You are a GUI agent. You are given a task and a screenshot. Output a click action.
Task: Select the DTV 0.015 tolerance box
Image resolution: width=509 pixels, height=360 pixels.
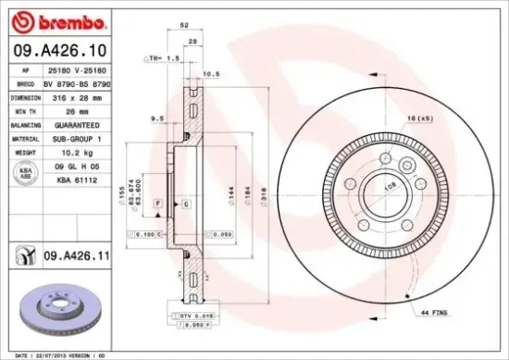[190, 317]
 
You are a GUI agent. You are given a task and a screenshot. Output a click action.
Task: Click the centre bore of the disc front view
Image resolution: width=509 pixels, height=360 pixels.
[385, 192]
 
